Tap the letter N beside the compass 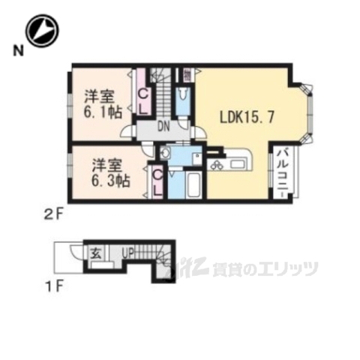point(16,51)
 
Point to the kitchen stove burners point(217,163)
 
